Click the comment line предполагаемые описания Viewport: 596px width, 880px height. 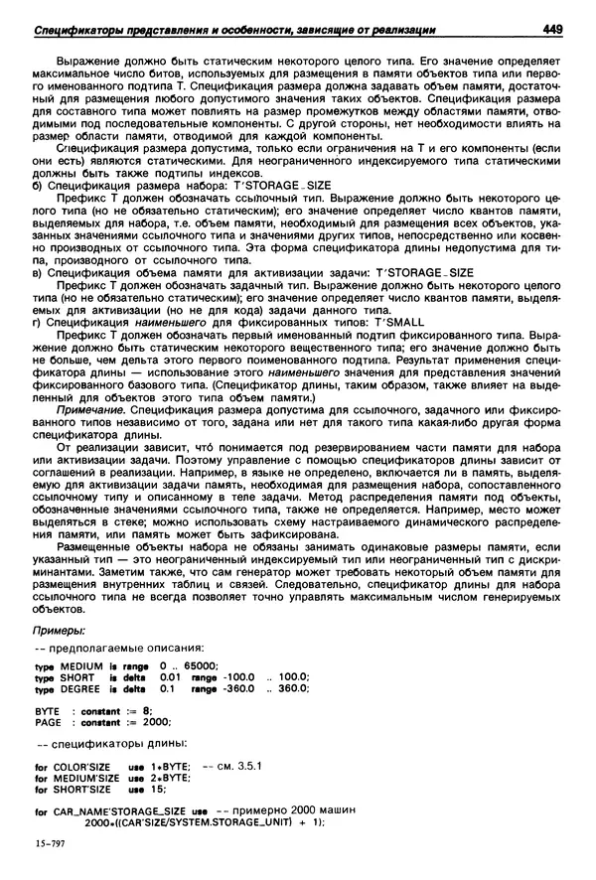tap(124, 648)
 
